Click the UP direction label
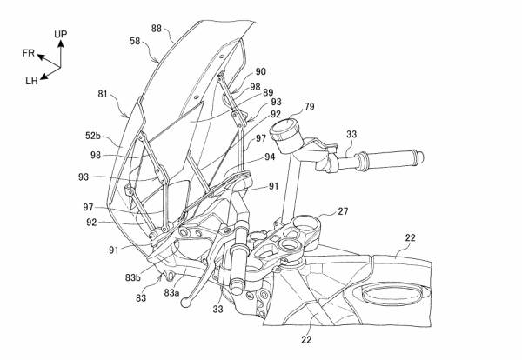[61, 34]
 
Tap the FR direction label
[29, 53]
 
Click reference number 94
[271, 157]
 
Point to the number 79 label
[309, 108]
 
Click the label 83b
[133, 277]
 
